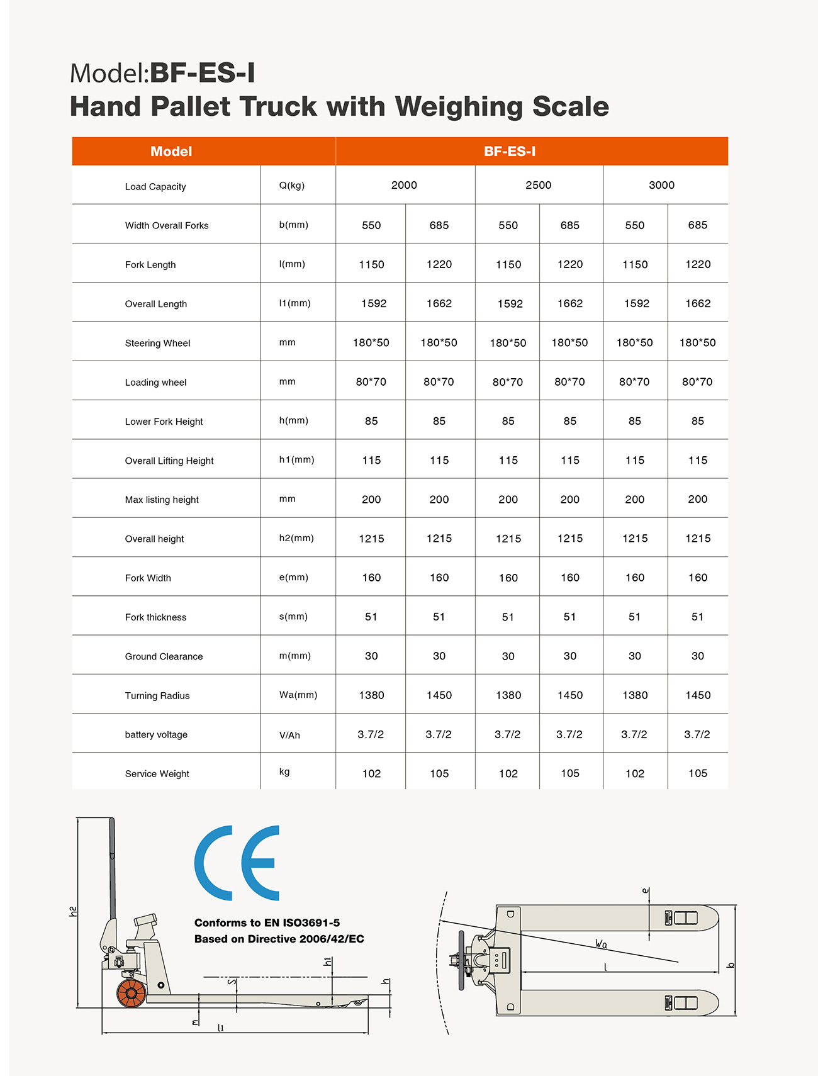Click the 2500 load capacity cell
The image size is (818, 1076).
click(x=538, y=185)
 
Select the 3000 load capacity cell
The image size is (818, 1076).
click(x=661, y=185)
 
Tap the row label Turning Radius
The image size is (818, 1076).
click(x=157, y=695)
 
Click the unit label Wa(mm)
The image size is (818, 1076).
click(x=298, y=695)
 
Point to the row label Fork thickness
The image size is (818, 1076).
click(x=156, y=617)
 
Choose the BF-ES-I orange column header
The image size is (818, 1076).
click(x=510, y=152)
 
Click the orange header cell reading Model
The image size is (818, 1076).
click(x=171, y=152)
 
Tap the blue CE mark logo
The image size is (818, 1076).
click(x=237, y=863)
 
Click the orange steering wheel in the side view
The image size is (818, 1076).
click(x=132, y=994)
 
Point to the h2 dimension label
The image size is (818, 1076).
click(x=73, y=911)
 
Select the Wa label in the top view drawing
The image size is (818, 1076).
click(x=601, y=943)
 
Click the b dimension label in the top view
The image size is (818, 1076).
click(x=731, y=965)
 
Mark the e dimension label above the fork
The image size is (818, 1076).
click(x=646, y=891)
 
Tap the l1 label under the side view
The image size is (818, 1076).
click(x=221, y=1028)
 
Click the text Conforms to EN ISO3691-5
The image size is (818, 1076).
click(x=267, y=922)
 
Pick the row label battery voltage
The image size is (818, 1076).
click(x=156, y=734)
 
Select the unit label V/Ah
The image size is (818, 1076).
click(x=289, y=735)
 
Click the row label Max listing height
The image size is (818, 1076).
click(x=162, y=500)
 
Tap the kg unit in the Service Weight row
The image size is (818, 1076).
click(x=284, y=771)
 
